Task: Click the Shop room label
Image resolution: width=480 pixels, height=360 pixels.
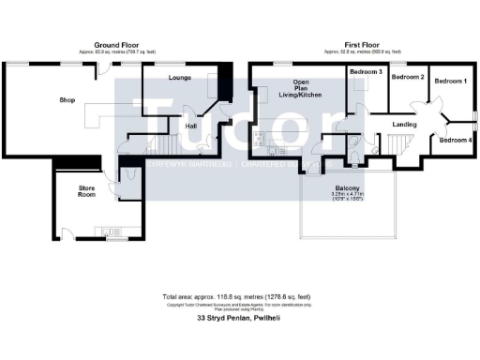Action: pos(67,99)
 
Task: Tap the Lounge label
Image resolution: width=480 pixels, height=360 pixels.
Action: pos(181,78)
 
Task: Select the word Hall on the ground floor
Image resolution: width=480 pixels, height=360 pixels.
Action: pos(190,125)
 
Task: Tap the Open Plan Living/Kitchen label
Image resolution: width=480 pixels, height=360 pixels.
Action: pos(307,88)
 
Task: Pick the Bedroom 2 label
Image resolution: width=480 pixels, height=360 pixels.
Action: pos(409,76)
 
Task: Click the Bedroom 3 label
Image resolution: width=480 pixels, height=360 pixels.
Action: pos(364,72)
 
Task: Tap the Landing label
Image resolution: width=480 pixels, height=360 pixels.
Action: pos(404,123)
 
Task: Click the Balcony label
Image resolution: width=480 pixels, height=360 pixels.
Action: pos(348,188)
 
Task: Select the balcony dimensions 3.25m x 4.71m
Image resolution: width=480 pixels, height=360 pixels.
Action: pos(348,196)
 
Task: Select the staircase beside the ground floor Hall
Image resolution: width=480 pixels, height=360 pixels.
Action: pos(167,145)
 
